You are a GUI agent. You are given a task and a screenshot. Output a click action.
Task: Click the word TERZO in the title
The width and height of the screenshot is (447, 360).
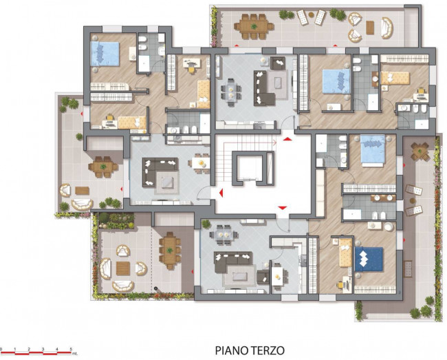tap(266, 350)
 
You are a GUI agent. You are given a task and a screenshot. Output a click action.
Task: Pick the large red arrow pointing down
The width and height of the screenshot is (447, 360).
tap(282, 208)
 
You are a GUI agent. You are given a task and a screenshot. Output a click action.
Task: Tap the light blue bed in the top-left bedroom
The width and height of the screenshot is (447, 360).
tap(105, 52)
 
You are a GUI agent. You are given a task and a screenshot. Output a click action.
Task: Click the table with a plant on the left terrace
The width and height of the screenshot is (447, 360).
tap(103, 167)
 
